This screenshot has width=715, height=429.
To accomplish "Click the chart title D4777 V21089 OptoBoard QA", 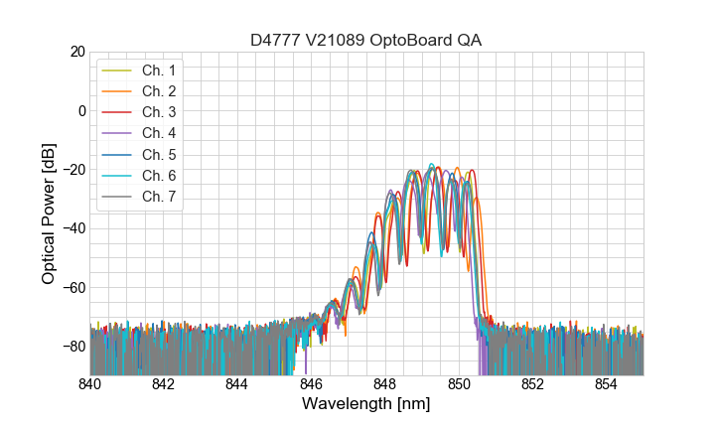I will coord(366,40).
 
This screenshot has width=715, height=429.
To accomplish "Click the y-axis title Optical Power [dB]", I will coord(49,214).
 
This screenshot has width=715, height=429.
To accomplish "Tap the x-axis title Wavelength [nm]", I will coord(366,404).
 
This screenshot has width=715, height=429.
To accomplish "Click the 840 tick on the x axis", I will coord(90,383).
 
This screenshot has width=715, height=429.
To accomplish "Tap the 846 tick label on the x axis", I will coord(312,383).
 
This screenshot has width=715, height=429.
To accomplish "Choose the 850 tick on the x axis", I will coord(459,383).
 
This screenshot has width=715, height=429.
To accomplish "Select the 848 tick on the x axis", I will coord(385,383).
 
